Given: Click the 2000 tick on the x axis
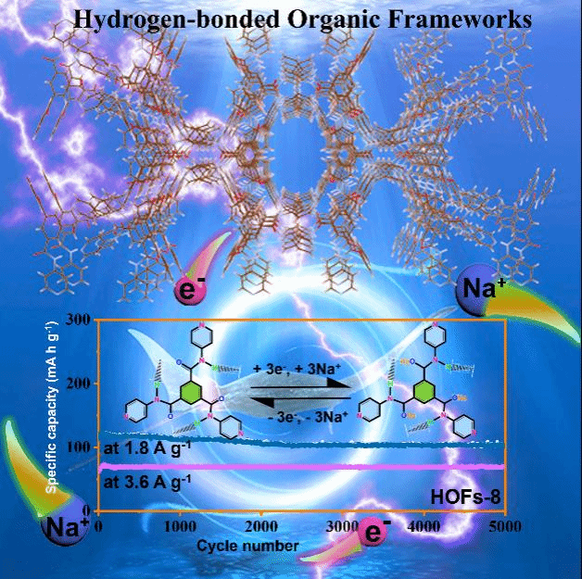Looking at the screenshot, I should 261,525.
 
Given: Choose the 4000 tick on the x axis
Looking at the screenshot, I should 423,525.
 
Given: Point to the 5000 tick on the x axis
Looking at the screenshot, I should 502,525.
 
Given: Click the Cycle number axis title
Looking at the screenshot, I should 247,547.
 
